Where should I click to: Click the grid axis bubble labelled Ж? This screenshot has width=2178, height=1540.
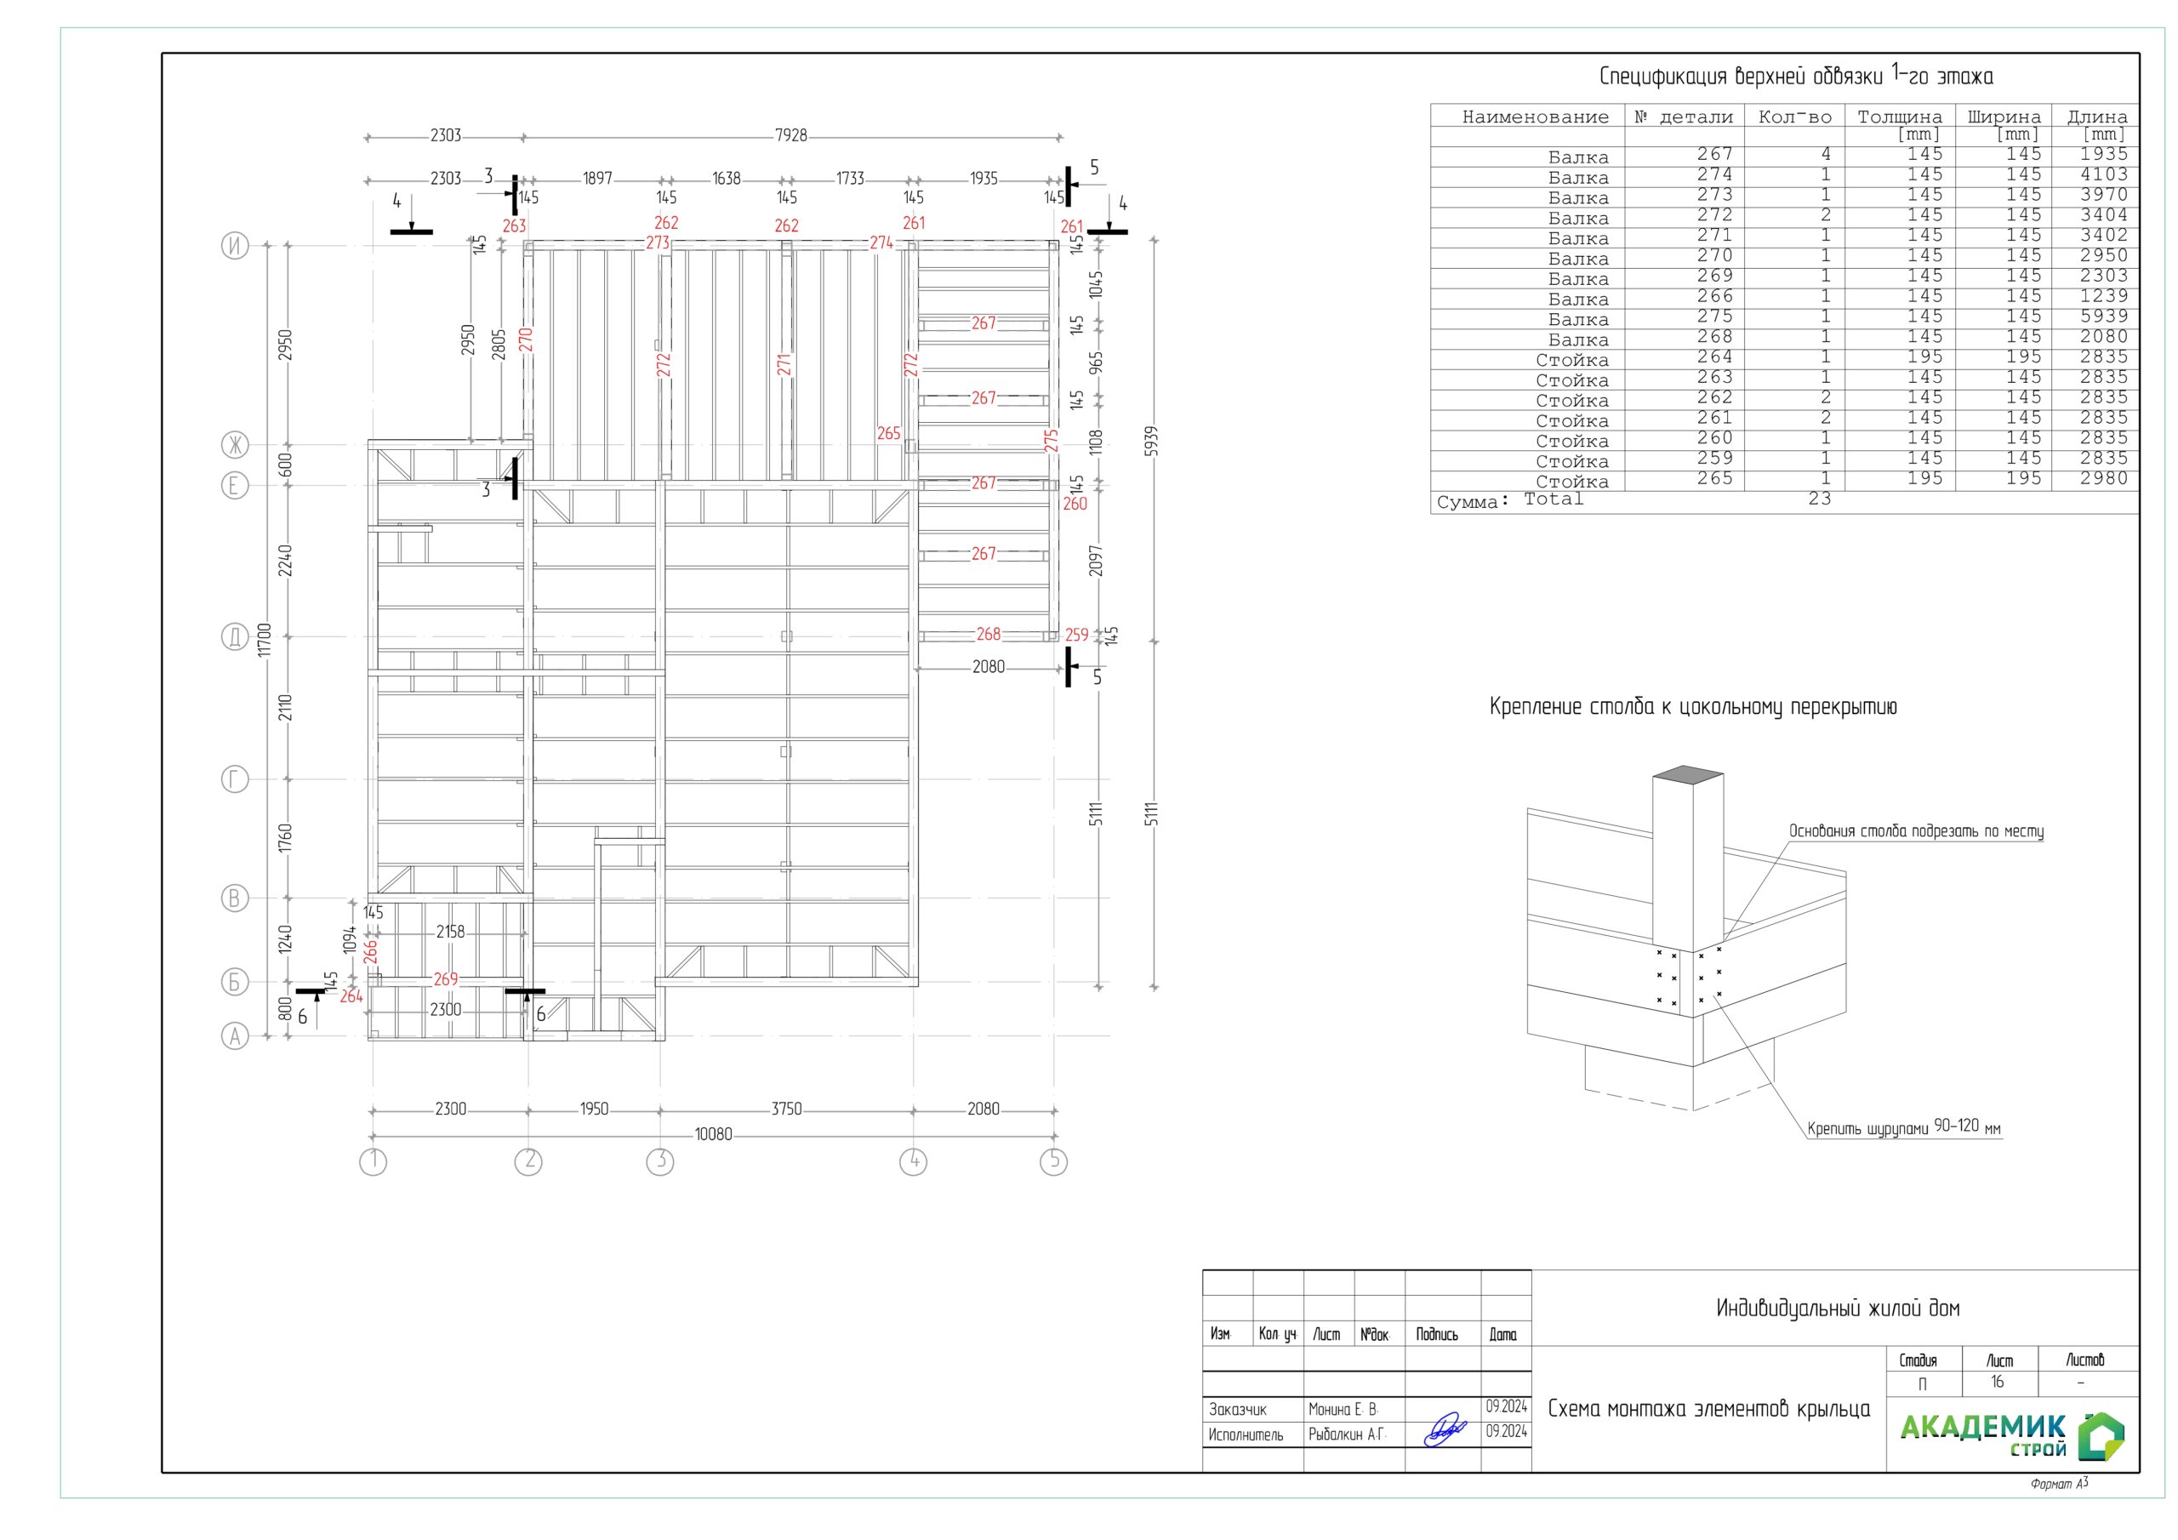pyautogui.click(x=234, y=444)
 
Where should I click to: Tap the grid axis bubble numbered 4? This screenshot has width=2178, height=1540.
pyautogui.click(x=913, y=1161)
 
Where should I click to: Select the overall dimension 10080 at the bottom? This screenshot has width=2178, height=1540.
pyautogui.click(x=713, y=1134)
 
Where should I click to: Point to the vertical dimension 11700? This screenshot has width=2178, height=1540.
pyautogui.click(x=265, y=639)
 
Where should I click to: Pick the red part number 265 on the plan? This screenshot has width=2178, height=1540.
pyautogui.click(x=889, y=434)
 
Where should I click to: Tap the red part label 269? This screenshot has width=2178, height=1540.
pyautogui.click(x=446, y=979)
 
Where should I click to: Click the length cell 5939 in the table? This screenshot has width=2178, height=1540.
pyautogui.click(x=2104, y=316)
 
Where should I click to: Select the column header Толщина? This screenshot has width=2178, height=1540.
pyautogui.click(x=1899, y=117)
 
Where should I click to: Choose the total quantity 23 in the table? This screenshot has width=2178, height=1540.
pyautogui.click(x=1820, y=498)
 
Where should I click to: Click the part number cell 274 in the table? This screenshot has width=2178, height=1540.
pyautogui.click(x=1715, y=174)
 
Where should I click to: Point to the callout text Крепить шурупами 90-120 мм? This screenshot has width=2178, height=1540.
pyautogui.click(x=1904, y=1127)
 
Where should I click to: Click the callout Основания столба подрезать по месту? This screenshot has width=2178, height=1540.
pyautogui.click(x=1916, y=831)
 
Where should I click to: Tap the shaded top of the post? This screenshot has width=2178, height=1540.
pyautogui.click(x=1688, y=773)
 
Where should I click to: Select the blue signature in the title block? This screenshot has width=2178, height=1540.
pyautogui.click(x=1445, y=1430)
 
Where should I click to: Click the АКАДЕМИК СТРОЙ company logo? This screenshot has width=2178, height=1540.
pyautogui.click(x=2011, y=1435)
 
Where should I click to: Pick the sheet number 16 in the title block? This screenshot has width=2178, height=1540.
pyautogui.click(x=1997, y=1383)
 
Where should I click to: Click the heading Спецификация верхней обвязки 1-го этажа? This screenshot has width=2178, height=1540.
pyautogui.click(x=1796, y=76)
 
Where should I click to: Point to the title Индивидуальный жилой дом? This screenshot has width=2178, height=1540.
pyautogui.click(x=1838, y=1309)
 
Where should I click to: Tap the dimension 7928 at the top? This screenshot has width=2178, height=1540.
pyautogui.click(x=791, y=135)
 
